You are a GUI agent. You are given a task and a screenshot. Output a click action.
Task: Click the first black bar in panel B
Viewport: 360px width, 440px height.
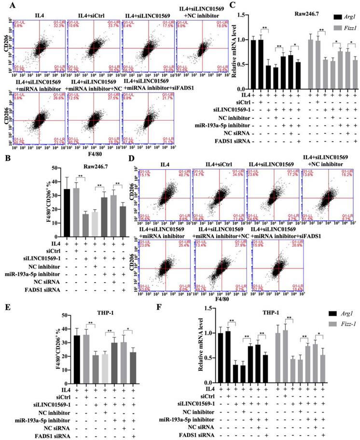click(67, 212)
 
